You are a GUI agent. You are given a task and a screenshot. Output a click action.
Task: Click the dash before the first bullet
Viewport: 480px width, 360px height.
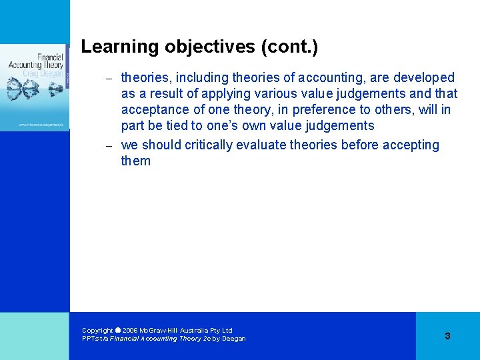110,79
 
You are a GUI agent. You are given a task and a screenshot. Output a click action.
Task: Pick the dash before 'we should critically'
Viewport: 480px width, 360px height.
110,146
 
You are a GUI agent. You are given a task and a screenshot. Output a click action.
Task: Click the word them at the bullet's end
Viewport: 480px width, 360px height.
136,161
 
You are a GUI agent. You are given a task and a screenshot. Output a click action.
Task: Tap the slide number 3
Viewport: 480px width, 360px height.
447,336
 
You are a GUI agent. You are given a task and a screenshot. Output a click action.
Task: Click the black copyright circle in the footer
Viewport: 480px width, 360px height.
117,330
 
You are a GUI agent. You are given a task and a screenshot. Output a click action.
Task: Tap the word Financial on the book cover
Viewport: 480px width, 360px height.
50,57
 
